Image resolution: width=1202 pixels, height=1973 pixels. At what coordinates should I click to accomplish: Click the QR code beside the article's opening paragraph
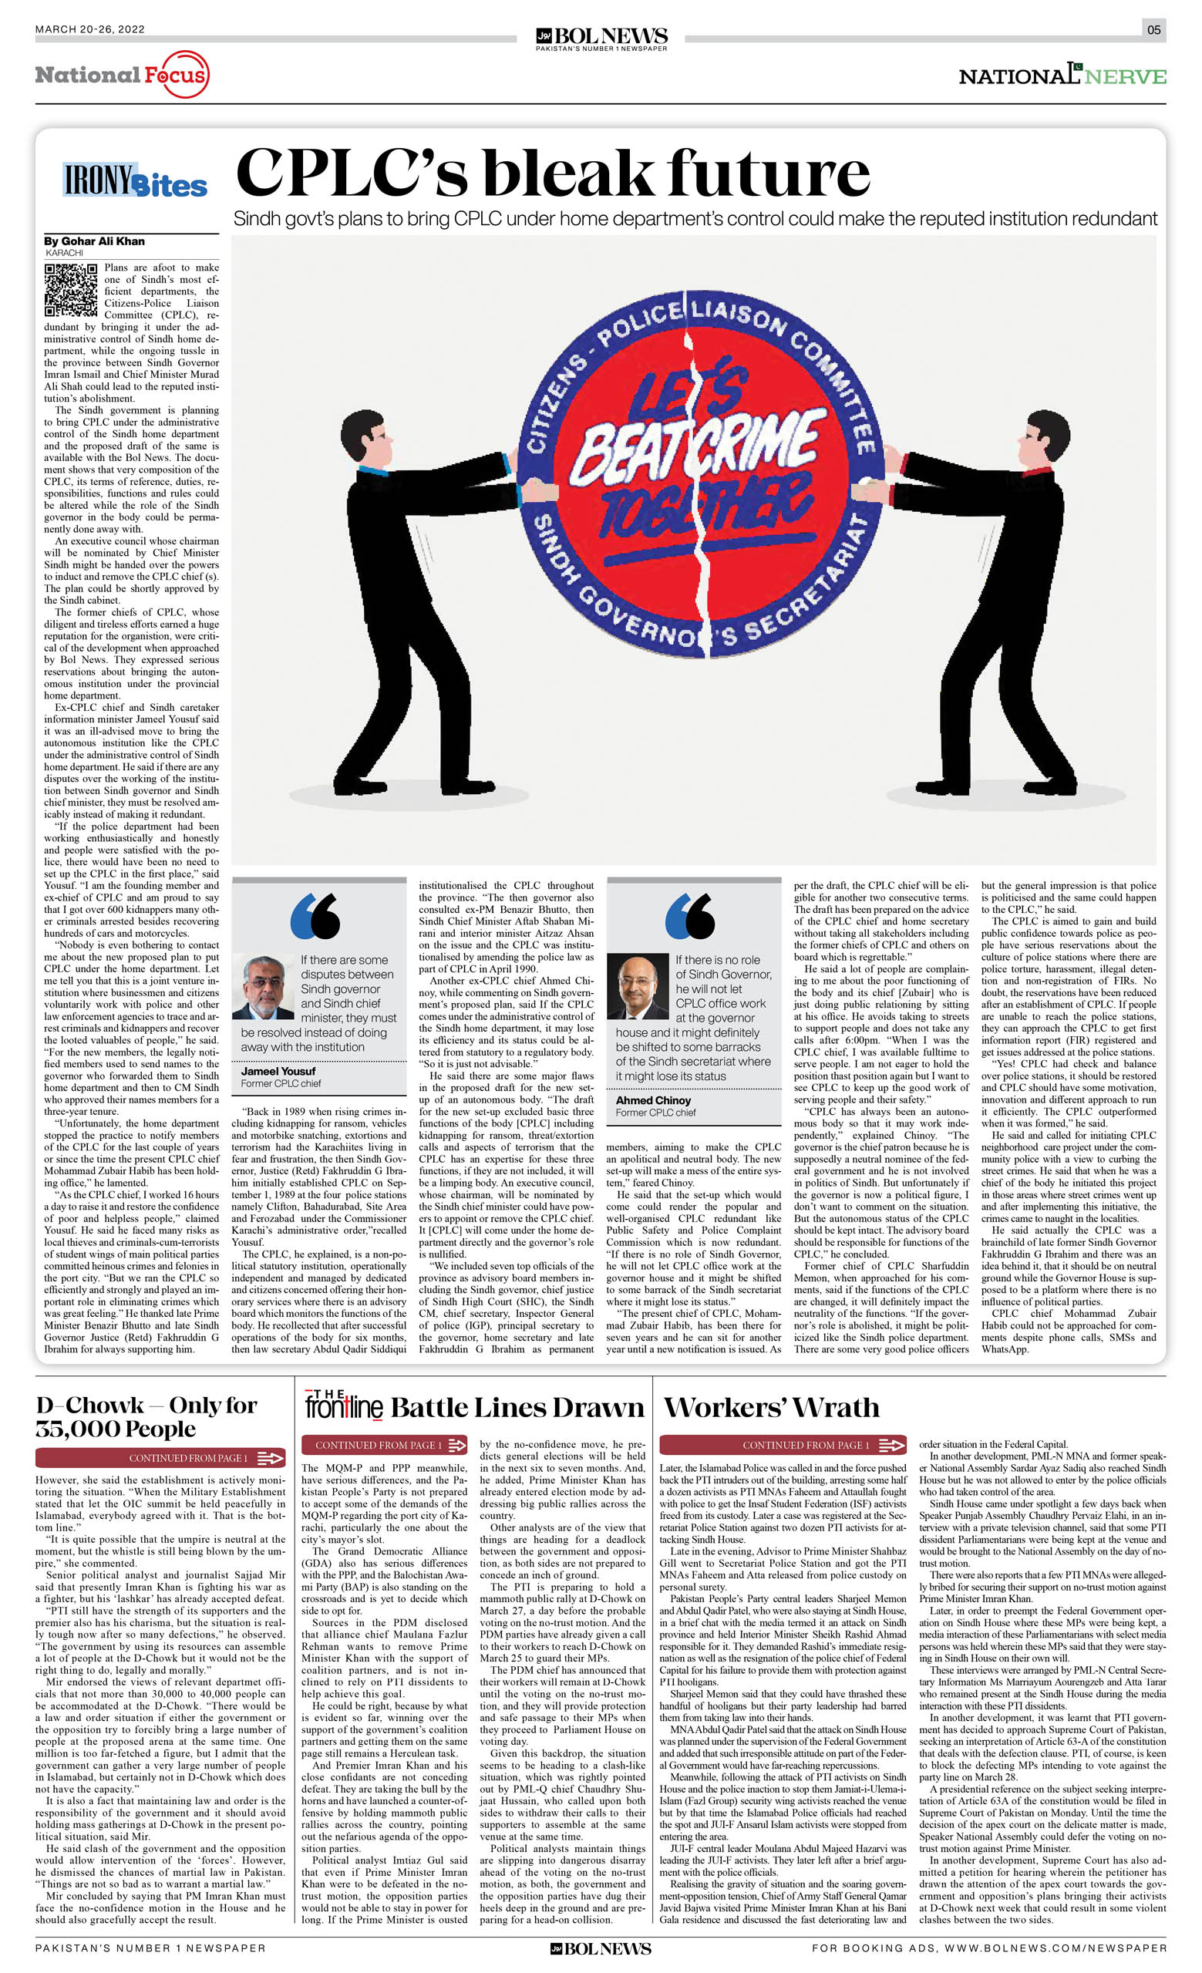pyautogui.click(x=70, y=290)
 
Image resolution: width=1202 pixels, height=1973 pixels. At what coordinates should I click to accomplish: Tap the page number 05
pyautogui.click(x=1153, y=29)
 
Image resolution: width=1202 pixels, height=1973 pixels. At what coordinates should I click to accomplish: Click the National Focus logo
pyautogui.click(x=122, y=76)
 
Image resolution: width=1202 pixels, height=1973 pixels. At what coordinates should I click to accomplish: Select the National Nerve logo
pyautogui.click(x=1062, y=76)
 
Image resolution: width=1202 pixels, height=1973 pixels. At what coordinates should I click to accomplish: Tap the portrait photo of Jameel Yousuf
pyautogui.click(x=264, y=987)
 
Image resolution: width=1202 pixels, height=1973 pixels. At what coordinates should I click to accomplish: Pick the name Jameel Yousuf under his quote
pyautogui.click(x=278, y=1072)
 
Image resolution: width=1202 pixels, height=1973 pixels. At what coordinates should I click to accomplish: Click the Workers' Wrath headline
pyautogui.click(x=771, y=1408)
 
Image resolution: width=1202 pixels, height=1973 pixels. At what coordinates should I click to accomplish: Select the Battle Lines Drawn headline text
pyautogui.click(x=517, y=1408)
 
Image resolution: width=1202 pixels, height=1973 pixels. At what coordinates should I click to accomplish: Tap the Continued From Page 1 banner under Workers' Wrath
pyautogui.click(x=783, y=1445)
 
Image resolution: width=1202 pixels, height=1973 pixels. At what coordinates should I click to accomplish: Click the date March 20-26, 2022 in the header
pyautogui.click(x=89, y=29)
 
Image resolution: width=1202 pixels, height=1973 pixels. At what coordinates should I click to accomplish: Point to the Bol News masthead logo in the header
pyautogui.click(x=601, y=37)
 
